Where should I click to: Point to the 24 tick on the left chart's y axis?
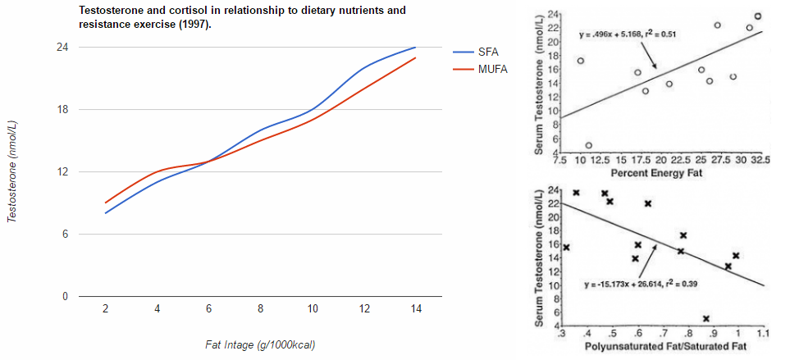pyautogui.click(x=61, y=47)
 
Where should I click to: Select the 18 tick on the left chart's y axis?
pyautogui.click(x=61, y=109)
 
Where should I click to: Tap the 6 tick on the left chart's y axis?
pyautogui.click(x=63, y=234)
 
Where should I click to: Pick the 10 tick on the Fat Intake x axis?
pyautogui.click(x=312, y=308)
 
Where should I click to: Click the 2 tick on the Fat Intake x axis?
pyautogui.click(x=106, y=308)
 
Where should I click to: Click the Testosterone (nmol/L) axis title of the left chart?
pyautogui.click(x=13, y=171)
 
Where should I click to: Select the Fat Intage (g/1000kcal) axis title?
pyautogui.click(x=259, y=344)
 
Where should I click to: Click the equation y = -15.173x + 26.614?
pyautogui.click(x=636, y=285)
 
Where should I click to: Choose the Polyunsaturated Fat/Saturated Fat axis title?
pyautogui.click(x=660, y=349)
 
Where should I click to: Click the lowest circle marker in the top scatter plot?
pyautogui.click(x=588, y=145)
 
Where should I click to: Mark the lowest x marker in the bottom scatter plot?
pyautogui.click(x=706, y=318)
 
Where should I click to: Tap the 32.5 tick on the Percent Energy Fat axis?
pyautogui.click(x=760, y=161)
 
